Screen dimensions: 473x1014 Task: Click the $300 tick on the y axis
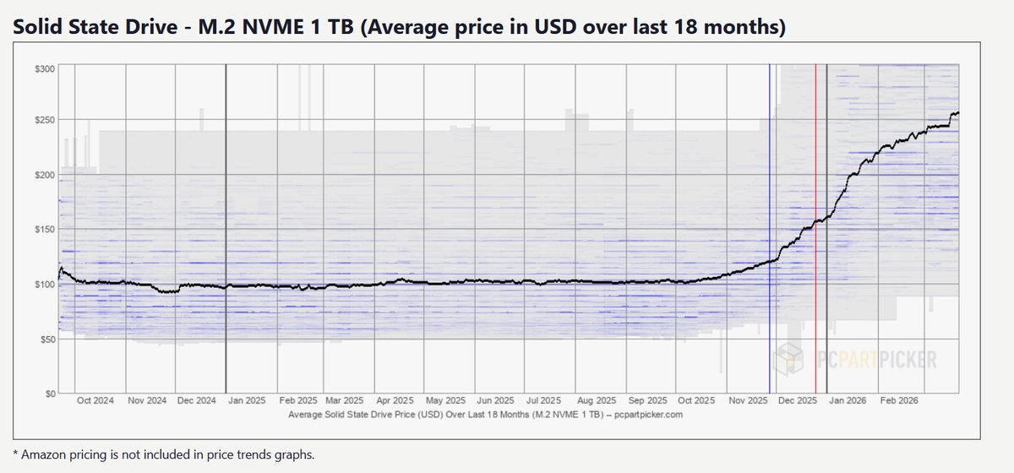(45, 68)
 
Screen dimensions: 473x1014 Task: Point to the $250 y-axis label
(45, 121)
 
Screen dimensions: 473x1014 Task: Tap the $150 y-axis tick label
(45, 230)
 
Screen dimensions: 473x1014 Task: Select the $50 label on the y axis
(46, 340)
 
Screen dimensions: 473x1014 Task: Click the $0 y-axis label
(49, 394)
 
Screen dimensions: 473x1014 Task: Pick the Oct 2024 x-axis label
(94, 401)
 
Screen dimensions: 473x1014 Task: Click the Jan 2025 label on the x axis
(245, 401)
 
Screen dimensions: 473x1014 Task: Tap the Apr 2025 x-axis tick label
(395, 401)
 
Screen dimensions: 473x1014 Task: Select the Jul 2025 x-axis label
(545, 401)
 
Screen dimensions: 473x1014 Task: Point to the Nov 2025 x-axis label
(746, 401)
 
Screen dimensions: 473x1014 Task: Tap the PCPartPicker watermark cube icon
(791, 359)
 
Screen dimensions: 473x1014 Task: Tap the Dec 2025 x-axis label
(797, 401)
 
